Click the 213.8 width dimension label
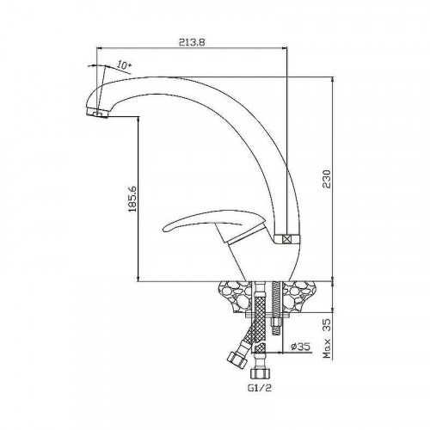click(193, 42)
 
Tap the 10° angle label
click(124, 65)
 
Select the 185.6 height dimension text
click(132, 199)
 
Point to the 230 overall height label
click(327, 179)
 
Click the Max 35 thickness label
click(327, 339)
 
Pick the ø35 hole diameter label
click(301, 347)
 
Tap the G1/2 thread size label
click(259, 388)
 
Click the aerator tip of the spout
click(97, 113)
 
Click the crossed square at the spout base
click(286, 239)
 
